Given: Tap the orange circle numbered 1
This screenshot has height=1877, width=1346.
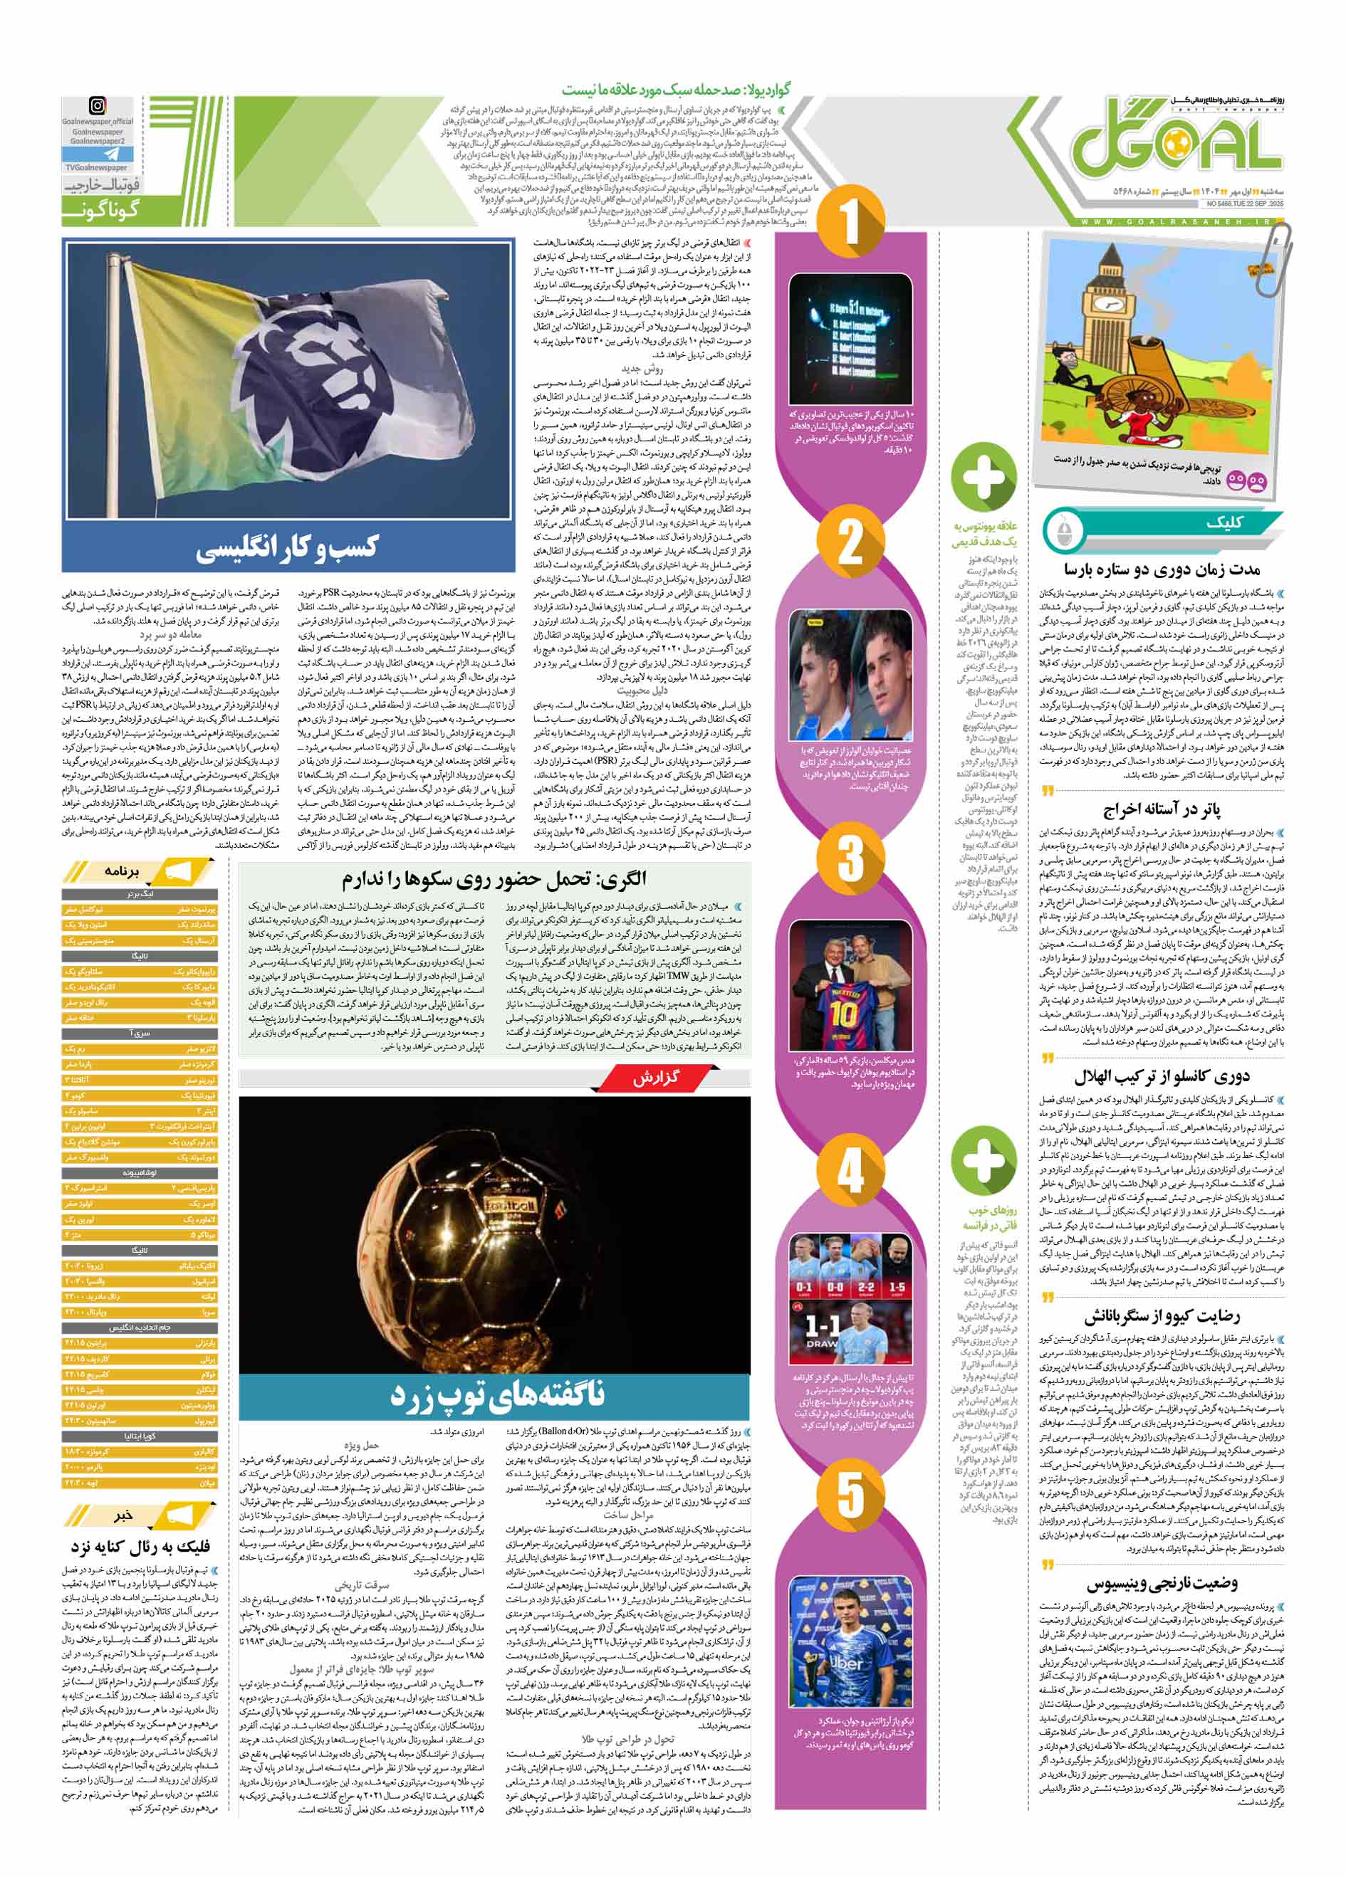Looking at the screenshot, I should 850,222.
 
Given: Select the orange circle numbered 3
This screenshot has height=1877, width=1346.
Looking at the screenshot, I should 850,858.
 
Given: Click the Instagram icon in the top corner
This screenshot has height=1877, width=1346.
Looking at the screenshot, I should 98,106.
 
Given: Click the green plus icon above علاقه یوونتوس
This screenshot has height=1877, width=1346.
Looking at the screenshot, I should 984,476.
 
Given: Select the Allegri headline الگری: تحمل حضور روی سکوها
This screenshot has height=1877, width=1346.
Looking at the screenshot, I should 494,878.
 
